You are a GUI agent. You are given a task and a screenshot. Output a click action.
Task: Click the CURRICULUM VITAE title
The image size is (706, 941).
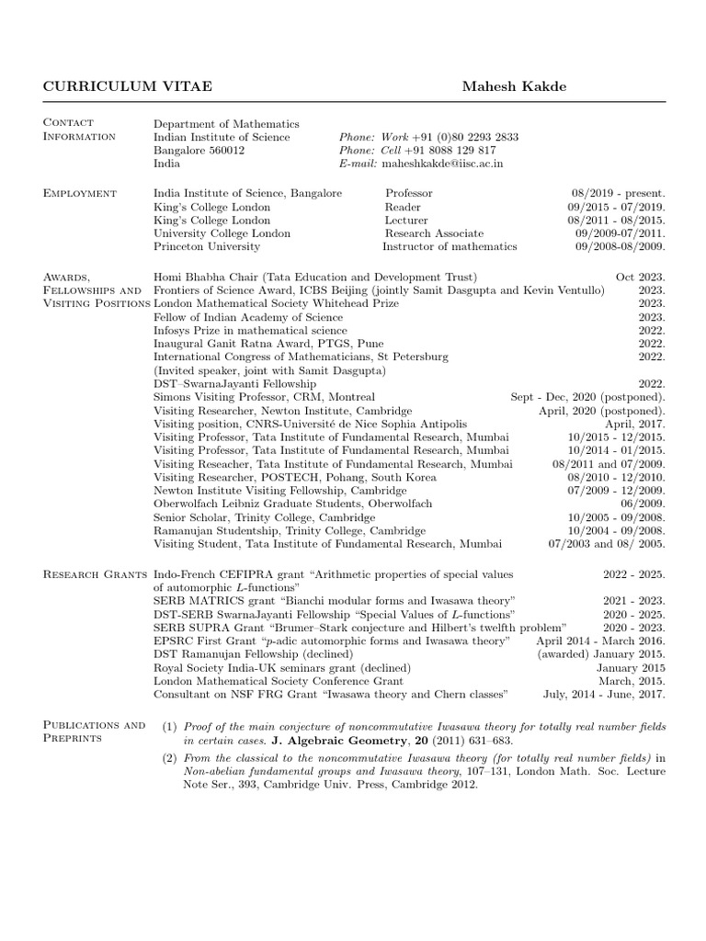point(128,86)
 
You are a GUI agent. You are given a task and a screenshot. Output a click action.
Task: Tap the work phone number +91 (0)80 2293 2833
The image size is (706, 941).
point(464,137)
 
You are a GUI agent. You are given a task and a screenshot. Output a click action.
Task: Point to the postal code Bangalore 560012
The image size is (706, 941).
point(199,151)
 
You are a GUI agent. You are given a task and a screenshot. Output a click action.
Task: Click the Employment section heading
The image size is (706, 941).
point(80,193)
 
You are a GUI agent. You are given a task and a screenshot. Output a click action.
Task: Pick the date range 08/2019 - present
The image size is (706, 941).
point(618,194)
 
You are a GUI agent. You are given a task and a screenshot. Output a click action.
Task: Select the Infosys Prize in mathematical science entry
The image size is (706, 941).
point(250,330)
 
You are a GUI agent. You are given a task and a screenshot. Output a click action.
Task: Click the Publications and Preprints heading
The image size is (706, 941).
point(94,731)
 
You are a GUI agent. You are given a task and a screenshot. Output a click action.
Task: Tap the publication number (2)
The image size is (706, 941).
point(169,757)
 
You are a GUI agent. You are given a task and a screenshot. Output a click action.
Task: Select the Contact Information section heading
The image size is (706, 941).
point(79,130)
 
